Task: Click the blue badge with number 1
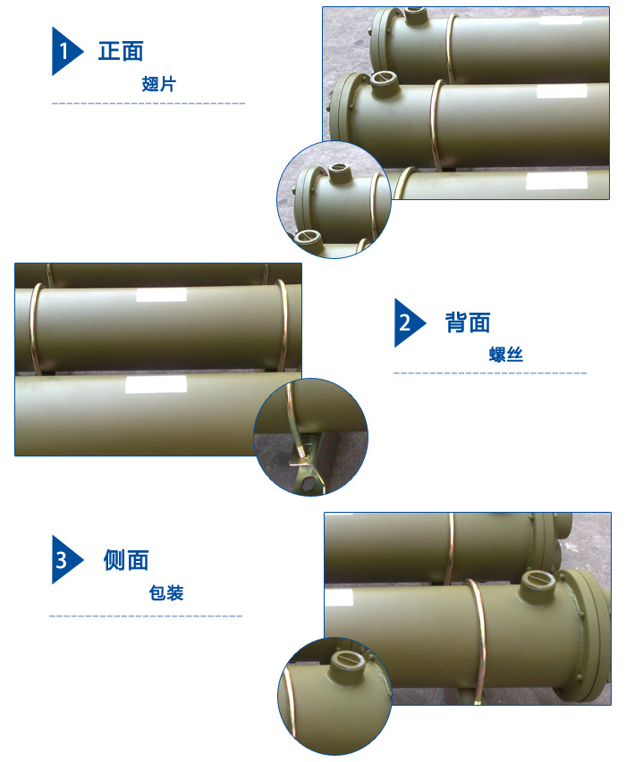pyautogui.click(x=65, y=51)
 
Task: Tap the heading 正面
pyautogui.click(x=121, y=51)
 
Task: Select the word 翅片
pyautogui.click(x=159, y=84)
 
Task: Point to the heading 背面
pyautogui.click(x=468, y=322)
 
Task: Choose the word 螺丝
pyautogui.click(x=505, y=355)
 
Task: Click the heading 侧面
pyautogui.click(x=126, y=560)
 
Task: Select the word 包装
pyautogui.click(x=166, y=592)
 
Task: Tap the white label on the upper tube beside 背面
pyautogui.click(x=161, y=296)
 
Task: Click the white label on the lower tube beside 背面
pyautogui.click(x=156, y=385)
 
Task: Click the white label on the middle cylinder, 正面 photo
pyautogui.click(x=562, y=91)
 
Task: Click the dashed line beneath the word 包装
pyautogui.click(x=146, y=616)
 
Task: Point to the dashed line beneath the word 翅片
pyautogui.click(x=148, y=105)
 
